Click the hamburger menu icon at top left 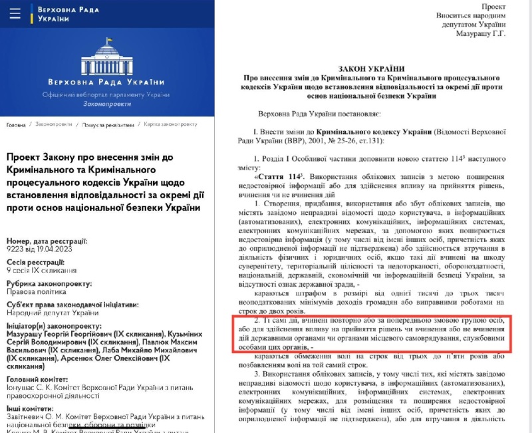click(16, 13)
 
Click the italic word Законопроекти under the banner click(108, 105)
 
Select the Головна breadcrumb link click(17, 125)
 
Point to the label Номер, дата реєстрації click(46, 239)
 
